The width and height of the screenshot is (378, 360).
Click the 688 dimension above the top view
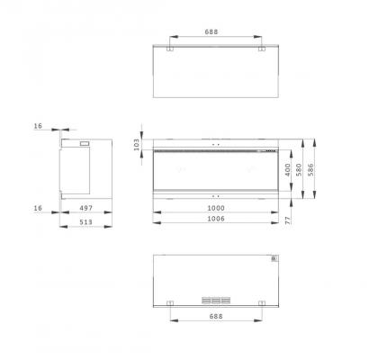(x=211, y=31)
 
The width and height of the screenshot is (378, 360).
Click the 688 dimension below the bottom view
(x=216, y=316)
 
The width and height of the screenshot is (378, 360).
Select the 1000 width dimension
(x=216, y=208)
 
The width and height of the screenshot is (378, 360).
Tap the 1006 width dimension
(x=216, y=219)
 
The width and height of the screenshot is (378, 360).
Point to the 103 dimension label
(x=137, y=145)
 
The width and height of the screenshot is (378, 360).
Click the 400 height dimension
(x=288, y=170)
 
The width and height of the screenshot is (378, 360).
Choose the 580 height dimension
(x=299, y=170)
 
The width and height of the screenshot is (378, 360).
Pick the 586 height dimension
(x=310, y=170)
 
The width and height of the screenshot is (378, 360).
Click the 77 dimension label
(x=288, y=220)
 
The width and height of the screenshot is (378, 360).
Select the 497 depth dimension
(x=86, y=208)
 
